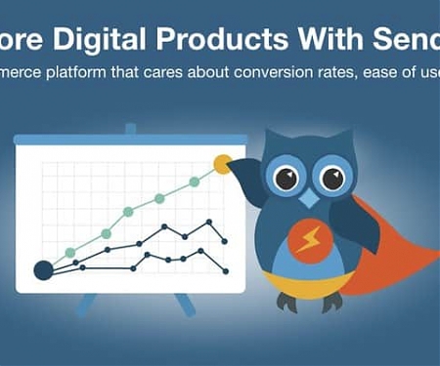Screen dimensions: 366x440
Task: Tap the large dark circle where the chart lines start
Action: [43, 269]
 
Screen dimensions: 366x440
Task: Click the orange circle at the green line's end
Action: [223, 164]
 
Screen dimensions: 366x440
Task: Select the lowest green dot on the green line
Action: [70, 253]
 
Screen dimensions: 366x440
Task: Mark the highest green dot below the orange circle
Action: [194, 181]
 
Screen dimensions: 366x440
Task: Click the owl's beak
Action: [309, 199]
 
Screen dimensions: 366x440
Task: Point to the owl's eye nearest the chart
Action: [286, 179]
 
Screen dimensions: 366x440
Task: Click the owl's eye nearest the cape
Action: [332, 179]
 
